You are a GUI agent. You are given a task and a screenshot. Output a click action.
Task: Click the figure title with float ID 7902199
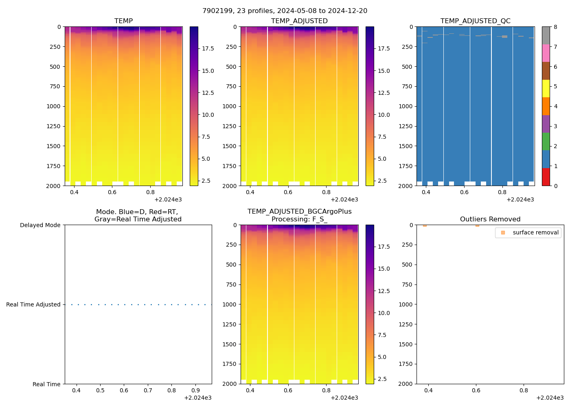tap(285, 11)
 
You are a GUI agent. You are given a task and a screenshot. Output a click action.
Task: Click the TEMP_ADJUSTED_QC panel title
tap(475, 21)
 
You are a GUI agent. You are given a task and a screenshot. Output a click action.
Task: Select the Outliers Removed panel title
tap(490, 219)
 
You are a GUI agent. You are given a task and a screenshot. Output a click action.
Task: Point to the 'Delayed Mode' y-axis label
tap(40, 225)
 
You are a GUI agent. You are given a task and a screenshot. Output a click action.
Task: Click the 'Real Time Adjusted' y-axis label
tap(33, 304)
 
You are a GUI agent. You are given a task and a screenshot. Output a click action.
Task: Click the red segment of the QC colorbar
tap(546, 177)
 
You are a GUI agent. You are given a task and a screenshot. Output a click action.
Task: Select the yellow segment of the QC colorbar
tap(546, 89)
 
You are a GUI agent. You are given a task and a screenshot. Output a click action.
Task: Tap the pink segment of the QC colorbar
tap(546, 53)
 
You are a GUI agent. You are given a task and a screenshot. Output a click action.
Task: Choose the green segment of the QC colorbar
tap(546, 142)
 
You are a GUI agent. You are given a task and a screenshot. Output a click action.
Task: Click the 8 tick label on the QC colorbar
tap(555, 27)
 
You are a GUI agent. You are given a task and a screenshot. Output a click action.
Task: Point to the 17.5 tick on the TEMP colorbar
tap(208, 48)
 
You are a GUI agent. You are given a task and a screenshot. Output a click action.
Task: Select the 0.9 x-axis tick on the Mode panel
tap(195, 390)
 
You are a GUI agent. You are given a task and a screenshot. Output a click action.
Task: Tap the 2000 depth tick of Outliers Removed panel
tap(406, 384)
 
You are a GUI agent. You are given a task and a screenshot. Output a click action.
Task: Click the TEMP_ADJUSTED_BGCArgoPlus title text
tap(299, 212)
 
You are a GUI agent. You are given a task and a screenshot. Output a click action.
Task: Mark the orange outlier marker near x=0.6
tap(477, 225)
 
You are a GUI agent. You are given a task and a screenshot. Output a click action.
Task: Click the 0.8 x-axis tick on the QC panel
tap(502, 192)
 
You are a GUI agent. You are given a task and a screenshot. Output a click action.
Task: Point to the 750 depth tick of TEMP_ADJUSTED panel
tap(231, 86)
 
